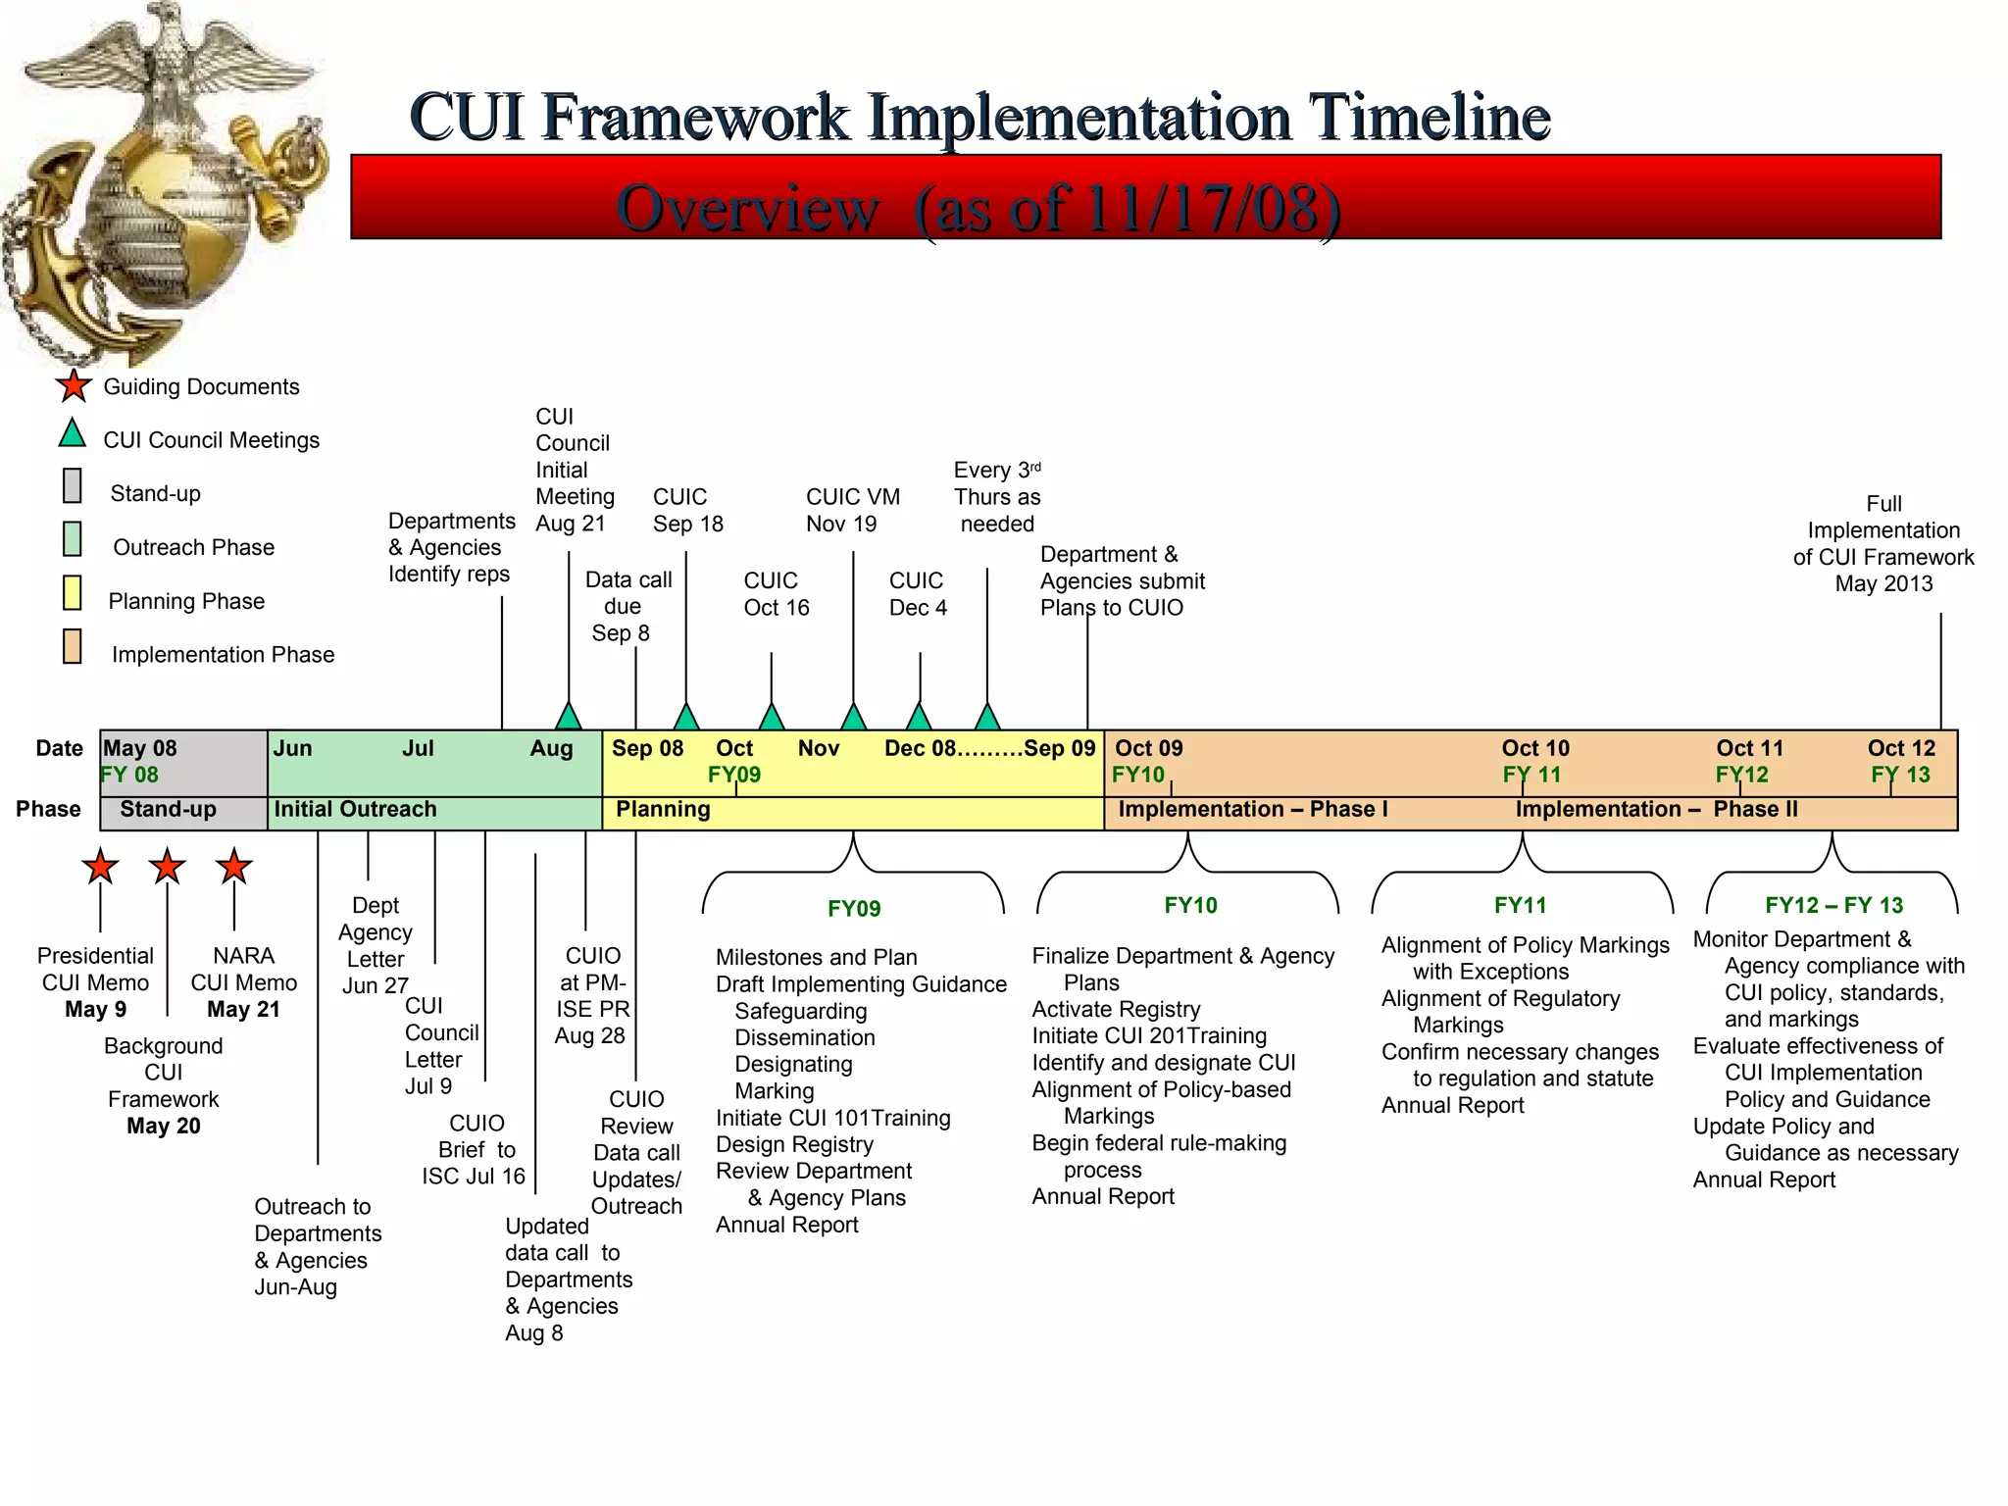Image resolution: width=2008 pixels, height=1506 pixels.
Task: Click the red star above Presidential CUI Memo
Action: tap(100, 867)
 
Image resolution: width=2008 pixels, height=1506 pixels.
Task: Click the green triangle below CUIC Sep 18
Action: tap(686, 717)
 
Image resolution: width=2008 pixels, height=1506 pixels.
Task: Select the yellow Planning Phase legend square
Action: tap(73, 593)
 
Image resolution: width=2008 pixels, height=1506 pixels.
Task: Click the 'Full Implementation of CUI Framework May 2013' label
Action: tap(1882, 544)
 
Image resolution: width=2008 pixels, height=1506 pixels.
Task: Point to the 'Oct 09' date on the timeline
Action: tap(1148, 748)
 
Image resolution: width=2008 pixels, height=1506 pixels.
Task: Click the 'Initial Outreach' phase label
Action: tap(355, 810)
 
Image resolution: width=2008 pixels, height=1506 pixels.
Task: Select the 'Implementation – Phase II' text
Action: tap(1656, 810)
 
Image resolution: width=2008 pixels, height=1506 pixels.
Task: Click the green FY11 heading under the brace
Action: tap(1520, 905)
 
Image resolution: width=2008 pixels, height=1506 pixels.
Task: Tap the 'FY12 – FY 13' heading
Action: tap(1833, 905)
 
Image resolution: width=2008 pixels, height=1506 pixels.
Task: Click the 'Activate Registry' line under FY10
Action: tap(1116, 1009)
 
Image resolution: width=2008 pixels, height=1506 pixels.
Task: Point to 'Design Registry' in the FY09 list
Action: tap(794, 1144)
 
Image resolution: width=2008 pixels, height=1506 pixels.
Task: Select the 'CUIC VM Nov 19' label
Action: tap(852, 511)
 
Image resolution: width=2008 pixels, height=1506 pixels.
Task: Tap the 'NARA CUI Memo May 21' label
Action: tap(243, 982)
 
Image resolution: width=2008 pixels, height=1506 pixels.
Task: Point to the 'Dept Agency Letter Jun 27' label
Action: tap(376, 945)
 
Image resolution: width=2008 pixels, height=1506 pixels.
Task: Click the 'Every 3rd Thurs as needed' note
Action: tap(997, 497)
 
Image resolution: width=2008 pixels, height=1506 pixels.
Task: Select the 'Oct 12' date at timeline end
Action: tap(1900, 748)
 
